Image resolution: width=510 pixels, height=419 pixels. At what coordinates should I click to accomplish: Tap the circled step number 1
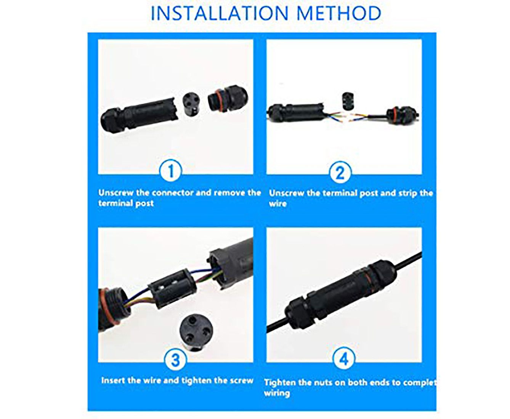coord(171,171)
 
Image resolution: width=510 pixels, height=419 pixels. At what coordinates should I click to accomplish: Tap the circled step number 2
coord(340,172)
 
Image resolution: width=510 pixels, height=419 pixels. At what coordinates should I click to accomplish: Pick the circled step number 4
coord(344,358)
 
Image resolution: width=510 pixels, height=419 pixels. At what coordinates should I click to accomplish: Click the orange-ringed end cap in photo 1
coord(228,98)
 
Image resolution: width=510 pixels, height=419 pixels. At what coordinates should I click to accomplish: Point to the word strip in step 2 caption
coord(407,193)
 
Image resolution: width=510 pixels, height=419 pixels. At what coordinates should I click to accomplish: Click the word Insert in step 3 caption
coord(113,381)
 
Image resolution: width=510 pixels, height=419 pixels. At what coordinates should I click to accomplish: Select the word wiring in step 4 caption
coord(277,393)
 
